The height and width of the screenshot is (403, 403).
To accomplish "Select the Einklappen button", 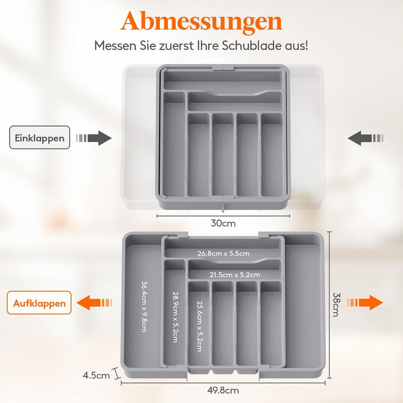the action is point(40,138).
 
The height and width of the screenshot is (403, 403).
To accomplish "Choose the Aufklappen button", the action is point(39,303).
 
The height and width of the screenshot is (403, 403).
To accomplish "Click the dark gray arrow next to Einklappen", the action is point(94,138).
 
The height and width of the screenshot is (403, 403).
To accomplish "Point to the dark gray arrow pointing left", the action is point(365,138).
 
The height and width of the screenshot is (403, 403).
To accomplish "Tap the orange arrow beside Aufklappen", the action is point(95,302).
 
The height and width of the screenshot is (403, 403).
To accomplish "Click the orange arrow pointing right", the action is point(365,302).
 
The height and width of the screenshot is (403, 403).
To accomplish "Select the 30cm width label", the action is point(223,223).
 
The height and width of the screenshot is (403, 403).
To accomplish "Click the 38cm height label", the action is point(336,304).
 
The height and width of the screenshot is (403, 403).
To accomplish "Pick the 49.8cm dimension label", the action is point(223,391).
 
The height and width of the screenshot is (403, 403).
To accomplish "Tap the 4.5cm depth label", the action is point(96,376).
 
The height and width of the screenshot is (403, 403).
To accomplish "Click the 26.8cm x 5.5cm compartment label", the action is point(223,254).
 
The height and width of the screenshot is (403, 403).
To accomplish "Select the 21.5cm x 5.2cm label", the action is point(235,275).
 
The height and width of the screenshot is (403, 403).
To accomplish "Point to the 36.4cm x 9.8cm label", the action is point(144,306).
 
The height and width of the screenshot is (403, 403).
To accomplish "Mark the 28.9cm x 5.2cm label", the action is point(175,317).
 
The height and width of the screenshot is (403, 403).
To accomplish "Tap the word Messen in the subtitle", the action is point(115,46).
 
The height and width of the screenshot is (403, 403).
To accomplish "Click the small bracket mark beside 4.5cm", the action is point(117,373).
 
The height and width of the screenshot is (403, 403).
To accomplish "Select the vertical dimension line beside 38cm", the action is point(330,305).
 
